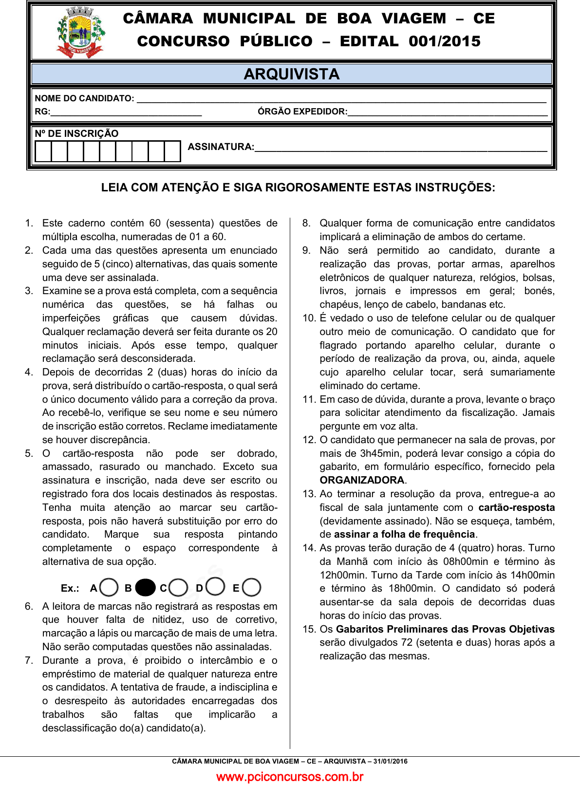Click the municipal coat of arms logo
81,32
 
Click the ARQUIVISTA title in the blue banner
291,74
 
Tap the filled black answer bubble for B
145,588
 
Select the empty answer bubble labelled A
109,587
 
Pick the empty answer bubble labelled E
251,587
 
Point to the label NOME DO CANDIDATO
84,98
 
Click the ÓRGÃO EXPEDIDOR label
302,112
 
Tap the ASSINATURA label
221,147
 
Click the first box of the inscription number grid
43,151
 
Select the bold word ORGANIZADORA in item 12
362,480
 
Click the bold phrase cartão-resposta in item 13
516,507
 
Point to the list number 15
309,629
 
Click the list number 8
306,223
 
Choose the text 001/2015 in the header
445,41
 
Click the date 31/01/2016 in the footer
391,761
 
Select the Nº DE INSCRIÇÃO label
76,133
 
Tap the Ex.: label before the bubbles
70,588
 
